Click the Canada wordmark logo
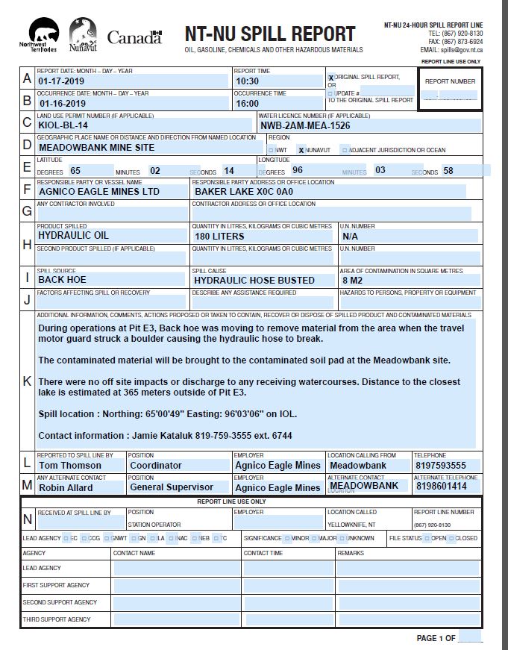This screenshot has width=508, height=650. pyautogui.click(x=134, y=37)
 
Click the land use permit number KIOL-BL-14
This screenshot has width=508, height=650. pyautogui.click(x=67, y=125)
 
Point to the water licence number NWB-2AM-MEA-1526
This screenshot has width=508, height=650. pyautogui.click(x=305, y=125)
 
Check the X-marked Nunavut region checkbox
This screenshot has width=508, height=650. pyautogui.click(x=301, y=150)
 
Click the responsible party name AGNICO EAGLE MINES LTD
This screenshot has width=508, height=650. pyautogui.click(x=99, y=192)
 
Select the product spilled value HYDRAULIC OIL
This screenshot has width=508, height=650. pyautogui.click(x=73, y=236)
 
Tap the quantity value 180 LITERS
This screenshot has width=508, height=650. pyautogui.click(x=219, y=236)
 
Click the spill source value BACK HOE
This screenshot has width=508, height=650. pyautogui.click(x=62, y=280)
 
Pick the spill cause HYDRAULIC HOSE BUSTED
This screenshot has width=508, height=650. pyautogui.click(x=254, y=280)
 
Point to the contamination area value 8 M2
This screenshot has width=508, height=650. pyautogui.click(x=352, y=280)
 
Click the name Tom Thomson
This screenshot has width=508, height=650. pyautogui.click(x=70, y=465)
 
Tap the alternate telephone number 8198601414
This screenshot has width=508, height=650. pyautogui.click(x=441, y=487)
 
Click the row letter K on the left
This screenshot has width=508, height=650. pyautogui.click(x=28, y=381)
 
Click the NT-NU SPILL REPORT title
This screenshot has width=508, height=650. pyautogui.click(x=270, y=34)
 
